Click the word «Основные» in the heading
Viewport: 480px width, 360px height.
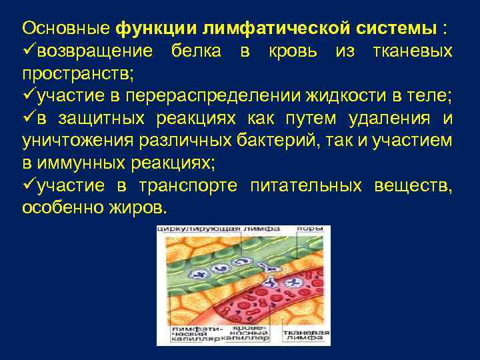click(x=67, y=29)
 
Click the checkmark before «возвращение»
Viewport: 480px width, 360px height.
click(x=29, y=51)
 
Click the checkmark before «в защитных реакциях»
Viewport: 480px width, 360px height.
click(x=29, y=119)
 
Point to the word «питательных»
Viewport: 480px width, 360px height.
click(x=305, y=186)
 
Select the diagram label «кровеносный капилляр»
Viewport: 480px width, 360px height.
click(x=245, y=334)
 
